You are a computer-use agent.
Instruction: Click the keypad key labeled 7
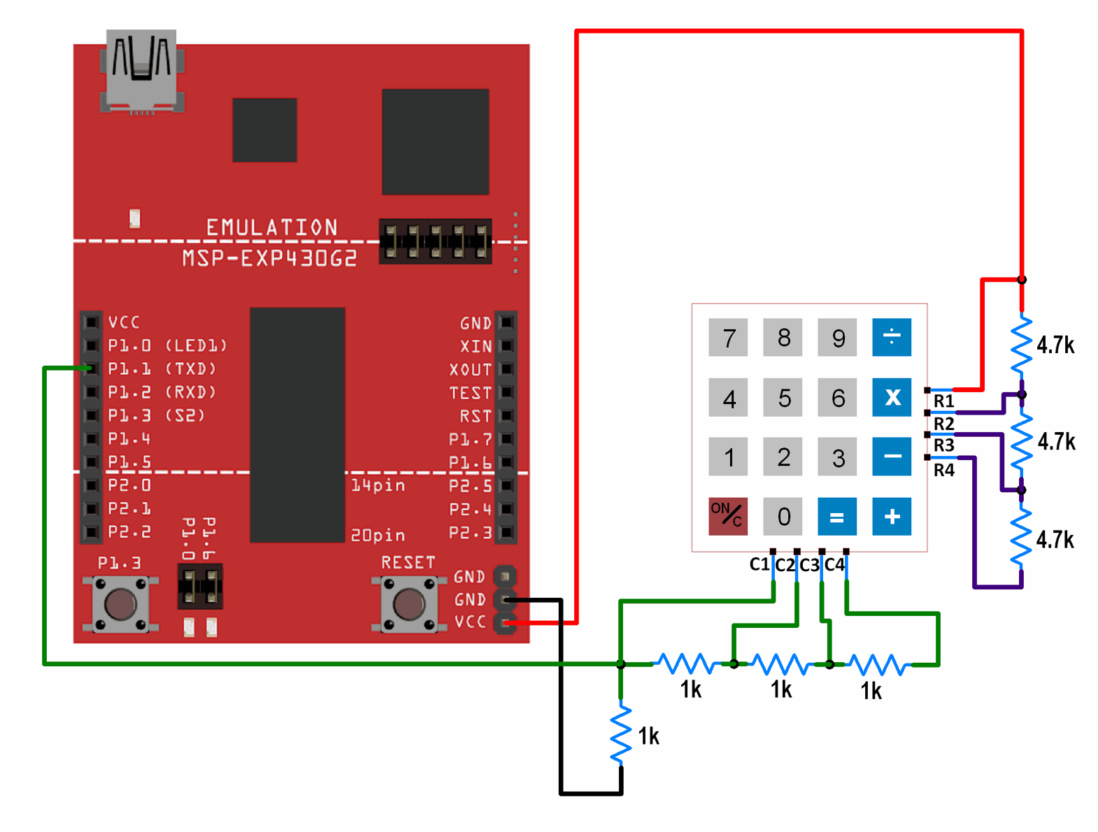pyautogui.click(x=728, y=338)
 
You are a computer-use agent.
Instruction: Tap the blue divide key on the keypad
pyautogui.click(x=892, y=337)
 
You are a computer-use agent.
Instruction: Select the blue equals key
pyautogui.click(x=837, y=517)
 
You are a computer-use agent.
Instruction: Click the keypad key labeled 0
pyautogui.click(x=783, y=517)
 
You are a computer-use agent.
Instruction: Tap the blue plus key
pyautogui.click(x=892, y=517)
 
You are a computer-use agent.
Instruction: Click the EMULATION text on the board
pyautogui.click(x=271, y=227)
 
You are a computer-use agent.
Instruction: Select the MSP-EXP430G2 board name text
pyautogui.click(x=269, y=259)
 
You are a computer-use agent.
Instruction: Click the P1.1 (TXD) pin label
pyautogui.click(x=162, y=368)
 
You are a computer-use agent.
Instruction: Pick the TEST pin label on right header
pyautogui.click(x=470, y=393)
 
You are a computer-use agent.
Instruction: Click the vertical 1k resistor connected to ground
pyautogui.click(x=620, y=734)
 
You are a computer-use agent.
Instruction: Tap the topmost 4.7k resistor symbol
pyautogui.click(x=1021, y=344)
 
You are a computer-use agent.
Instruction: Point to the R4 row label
pyautogui.click(x=943, y=471)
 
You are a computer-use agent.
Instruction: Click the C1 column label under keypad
pyautogui.click(x=759, y=564)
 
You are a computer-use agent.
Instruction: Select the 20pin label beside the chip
pyautogui.click(x=378, y=536)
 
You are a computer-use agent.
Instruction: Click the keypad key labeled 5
pyautogui.click(x=784, y=399)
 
